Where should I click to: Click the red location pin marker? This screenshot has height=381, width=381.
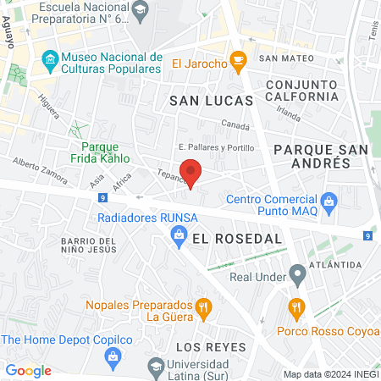[191, 172]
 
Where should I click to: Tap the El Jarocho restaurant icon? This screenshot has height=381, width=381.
[240, 59]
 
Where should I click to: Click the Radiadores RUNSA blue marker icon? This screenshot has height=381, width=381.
[179, 239]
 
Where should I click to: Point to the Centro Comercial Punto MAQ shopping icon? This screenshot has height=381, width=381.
[331, 201]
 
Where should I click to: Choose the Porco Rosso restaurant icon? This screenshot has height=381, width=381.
[295, 306]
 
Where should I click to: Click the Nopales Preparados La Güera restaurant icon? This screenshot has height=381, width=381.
[203, 307]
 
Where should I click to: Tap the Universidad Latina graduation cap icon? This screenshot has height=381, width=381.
[156, 366]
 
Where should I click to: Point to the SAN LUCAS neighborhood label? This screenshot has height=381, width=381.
[212, 100]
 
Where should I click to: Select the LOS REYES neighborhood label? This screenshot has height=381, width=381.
[210, 347]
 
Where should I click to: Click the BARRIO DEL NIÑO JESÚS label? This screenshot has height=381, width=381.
[93, 246]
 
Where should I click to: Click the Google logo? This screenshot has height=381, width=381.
[29, 370]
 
